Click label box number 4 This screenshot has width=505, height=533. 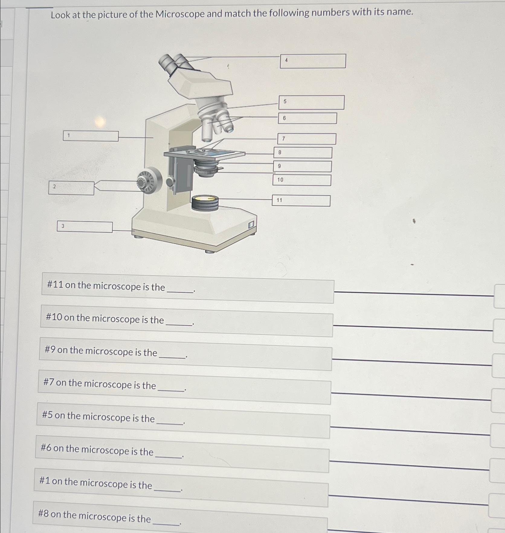313,61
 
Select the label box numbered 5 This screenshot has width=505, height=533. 311,102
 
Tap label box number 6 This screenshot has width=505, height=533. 307,118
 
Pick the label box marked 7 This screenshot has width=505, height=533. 307,139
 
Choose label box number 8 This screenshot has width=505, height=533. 303,153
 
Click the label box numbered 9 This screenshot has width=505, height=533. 302,166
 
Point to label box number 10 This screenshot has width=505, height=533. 302,180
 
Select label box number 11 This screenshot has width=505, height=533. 301,201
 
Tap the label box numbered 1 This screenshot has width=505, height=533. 91,136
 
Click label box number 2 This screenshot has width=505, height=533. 71,188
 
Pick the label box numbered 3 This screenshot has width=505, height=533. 85,227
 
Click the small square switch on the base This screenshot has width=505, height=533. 251,225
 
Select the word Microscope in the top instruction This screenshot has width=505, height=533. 180,14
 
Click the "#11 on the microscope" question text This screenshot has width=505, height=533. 106,286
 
